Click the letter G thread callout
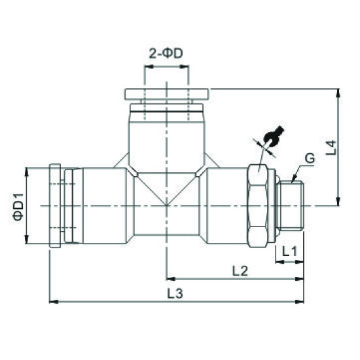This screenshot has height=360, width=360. (x=310, y=158)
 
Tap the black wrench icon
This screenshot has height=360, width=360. (x=272, y=135)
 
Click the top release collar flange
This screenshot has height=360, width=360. (x=166, y=94)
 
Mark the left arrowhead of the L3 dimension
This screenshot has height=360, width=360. (x=52, y=302)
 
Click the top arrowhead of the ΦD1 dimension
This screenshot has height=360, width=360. (x=27, y=171)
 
